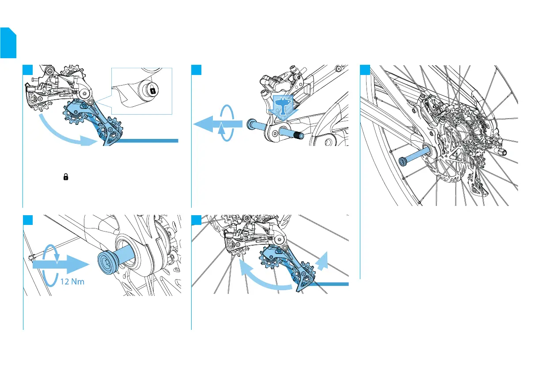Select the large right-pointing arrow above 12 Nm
coord(60,265)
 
